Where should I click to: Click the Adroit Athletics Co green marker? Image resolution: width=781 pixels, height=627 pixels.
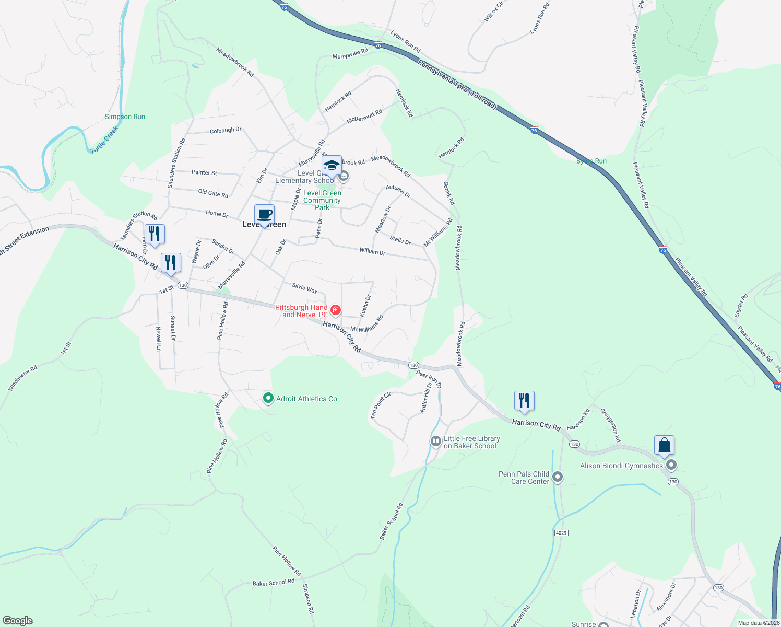coord(268,399)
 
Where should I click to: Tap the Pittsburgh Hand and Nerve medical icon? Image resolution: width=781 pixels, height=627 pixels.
coord(336,310)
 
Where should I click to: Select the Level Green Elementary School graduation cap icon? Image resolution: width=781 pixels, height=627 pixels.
coord(332,166)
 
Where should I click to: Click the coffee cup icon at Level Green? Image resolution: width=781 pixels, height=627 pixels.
coord(264,214)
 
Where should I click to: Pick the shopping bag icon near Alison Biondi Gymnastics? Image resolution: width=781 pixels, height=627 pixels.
coord(664,445)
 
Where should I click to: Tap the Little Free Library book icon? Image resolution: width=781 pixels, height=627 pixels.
coord(435,442)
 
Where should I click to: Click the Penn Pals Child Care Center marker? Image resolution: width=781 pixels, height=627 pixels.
coord(558,477)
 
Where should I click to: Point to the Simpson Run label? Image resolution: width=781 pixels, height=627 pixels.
coord(125,117)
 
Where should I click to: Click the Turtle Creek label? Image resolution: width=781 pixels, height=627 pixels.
coord(104,140)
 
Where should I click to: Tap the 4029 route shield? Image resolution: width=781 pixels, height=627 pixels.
coord(561,533)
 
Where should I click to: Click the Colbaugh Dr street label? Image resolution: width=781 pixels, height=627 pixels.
coord(226,130)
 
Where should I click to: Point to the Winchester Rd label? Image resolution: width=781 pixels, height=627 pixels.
coord(22,378)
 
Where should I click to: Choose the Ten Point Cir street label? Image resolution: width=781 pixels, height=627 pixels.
coord(381,405)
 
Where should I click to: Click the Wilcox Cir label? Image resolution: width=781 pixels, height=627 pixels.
coord(493,11)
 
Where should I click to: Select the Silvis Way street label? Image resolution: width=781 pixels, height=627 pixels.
coord(304,288)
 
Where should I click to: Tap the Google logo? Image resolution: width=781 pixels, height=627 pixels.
coord(18,621)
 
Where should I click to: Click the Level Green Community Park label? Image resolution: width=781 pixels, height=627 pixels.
coord(322,200)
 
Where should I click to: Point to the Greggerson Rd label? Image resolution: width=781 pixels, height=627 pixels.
coord(610,425)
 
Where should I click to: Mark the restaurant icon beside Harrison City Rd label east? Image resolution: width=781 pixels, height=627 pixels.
coord(524,401)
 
